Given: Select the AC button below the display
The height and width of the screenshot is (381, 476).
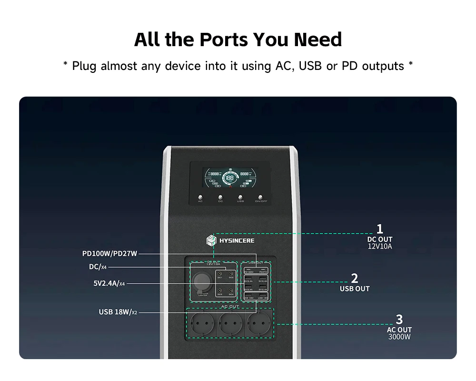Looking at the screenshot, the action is (200, 196).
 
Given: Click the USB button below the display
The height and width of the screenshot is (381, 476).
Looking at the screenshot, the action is (240, 196).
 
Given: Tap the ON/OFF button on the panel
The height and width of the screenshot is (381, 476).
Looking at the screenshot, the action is (261, 196).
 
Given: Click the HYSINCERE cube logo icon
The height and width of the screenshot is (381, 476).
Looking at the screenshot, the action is (211, 241).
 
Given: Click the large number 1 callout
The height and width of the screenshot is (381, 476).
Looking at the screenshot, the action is (379, 229).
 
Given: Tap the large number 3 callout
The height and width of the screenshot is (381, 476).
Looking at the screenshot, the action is (399, 319).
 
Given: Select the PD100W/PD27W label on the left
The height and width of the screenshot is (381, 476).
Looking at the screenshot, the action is (109, 254).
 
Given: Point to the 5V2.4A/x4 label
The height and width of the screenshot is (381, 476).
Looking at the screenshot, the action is (109, 283).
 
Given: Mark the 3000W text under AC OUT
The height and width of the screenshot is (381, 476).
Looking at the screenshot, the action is (399, 337).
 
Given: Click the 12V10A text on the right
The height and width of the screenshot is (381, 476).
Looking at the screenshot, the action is (379, 246).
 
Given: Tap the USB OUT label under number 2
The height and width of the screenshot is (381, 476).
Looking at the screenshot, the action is (354, 289).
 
